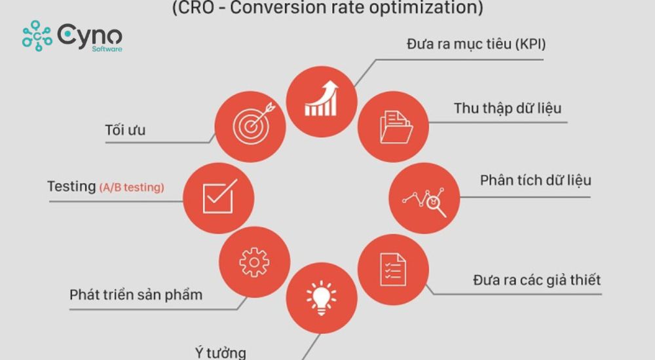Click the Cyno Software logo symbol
pos(37,35)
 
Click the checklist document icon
pos(393,268)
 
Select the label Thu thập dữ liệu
pos(508,108)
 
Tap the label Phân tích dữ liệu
pos(535,179)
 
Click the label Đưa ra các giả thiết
pos(536,281)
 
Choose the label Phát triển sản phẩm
pos(136,295)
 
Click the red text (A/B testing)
pos(132,187)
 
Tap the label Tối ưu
pos(125,130)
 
